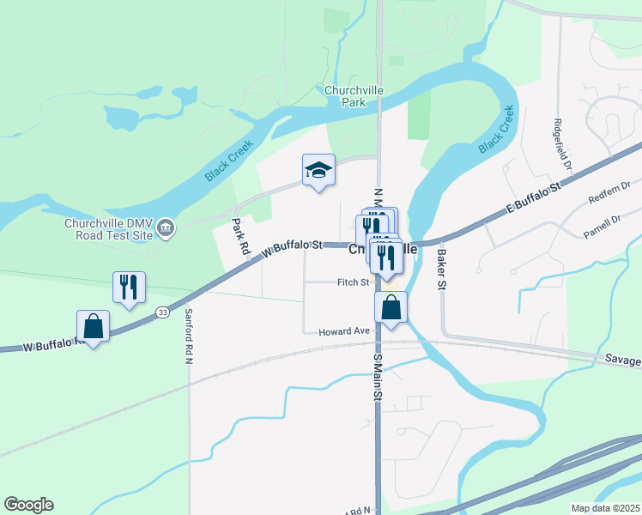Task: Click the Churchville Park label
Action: (x=353, y=95)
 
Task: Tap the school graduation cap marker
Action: (x=318, y=170)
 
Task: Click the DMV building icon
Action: (x=167, y=228)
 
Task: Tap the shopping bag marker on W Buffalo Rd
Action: (x=93, y=326)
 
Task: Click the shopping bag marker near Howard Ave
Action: (x=391, y=308)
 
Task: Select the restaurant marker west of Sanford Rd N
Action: (x=129, y=288)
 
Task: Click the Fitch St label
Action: (x=353, y=282)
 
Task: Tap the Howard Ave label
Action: (x=343, y=331)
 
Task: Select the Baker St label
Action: (x=443, y=268)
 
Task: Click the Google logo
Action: (x=28, y=505)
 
